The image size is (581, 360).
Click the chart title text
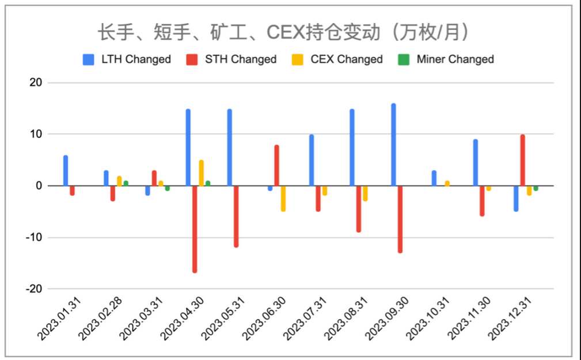[x=282, y=32]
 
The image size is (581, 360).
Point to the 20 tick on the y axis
[x=35, y=83]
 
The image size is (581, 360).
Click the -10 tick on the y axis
[x=33, y=237]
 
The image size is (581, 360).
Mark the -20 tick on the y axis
[x=33, y=289]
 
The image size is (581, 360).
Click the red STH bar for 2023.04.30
[x=195, y=229]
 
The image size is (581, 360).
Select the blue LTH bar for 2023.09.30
[x=393, y=145]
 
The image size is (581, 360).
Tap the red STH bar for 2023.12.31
[x=522, y=160]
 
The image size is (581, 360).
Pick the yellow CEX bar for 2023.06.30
[x=283, y=198]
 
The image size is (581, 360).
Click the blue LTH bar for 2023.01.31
[x=66, y=170]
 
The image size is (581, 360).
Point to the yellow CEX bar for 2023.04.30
[x=201, y=173]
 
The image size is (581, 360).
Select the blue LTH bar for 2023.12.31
[x=515, y=198]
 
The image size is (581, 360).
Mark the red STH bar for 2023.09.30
[x=400, y=219]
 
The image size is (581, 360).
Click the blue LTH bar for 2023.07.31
[x=311, y=160]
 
